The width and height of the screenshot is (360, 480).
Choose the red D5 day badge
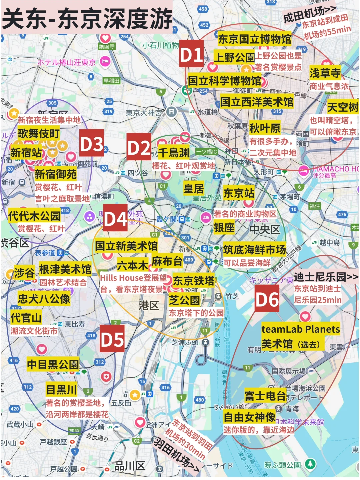112,339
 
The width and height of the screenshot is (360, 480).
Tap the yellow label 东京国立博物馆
254,39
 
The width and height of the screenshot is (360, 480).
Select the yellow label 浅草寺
325,72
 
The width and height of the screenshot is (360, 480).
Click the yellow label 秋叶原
265,128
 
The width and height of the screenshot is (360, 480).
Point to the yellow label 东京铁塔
194,281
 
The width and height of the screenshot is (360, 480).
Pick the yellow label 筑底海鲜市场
254,249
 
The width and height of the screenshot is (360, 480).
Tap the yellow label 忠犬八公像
44,299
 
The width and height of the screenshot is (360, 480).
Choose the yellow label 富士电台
265,395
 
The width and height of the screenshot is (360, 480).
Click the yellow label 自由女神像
249,417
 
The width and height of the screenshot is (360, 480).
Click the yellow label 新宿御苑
55,174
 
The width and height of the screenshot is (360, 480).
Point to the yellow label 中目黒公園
53,364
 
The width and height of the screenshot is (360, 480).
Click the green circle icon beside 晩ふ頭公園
310,464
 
